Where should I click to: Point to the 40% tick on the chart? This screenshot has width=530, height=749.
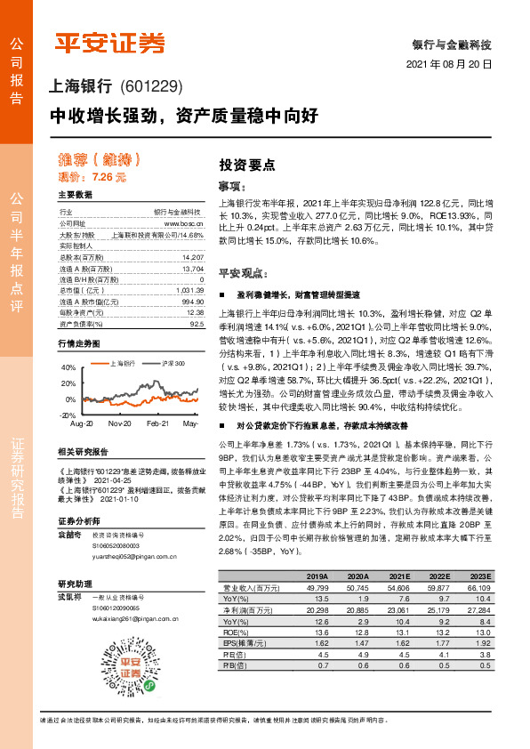pyautogui.click(x=68, y=366)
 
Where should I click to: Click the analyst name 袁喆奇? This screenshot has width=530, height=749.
pyautogui.click(x=70, y=535)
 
